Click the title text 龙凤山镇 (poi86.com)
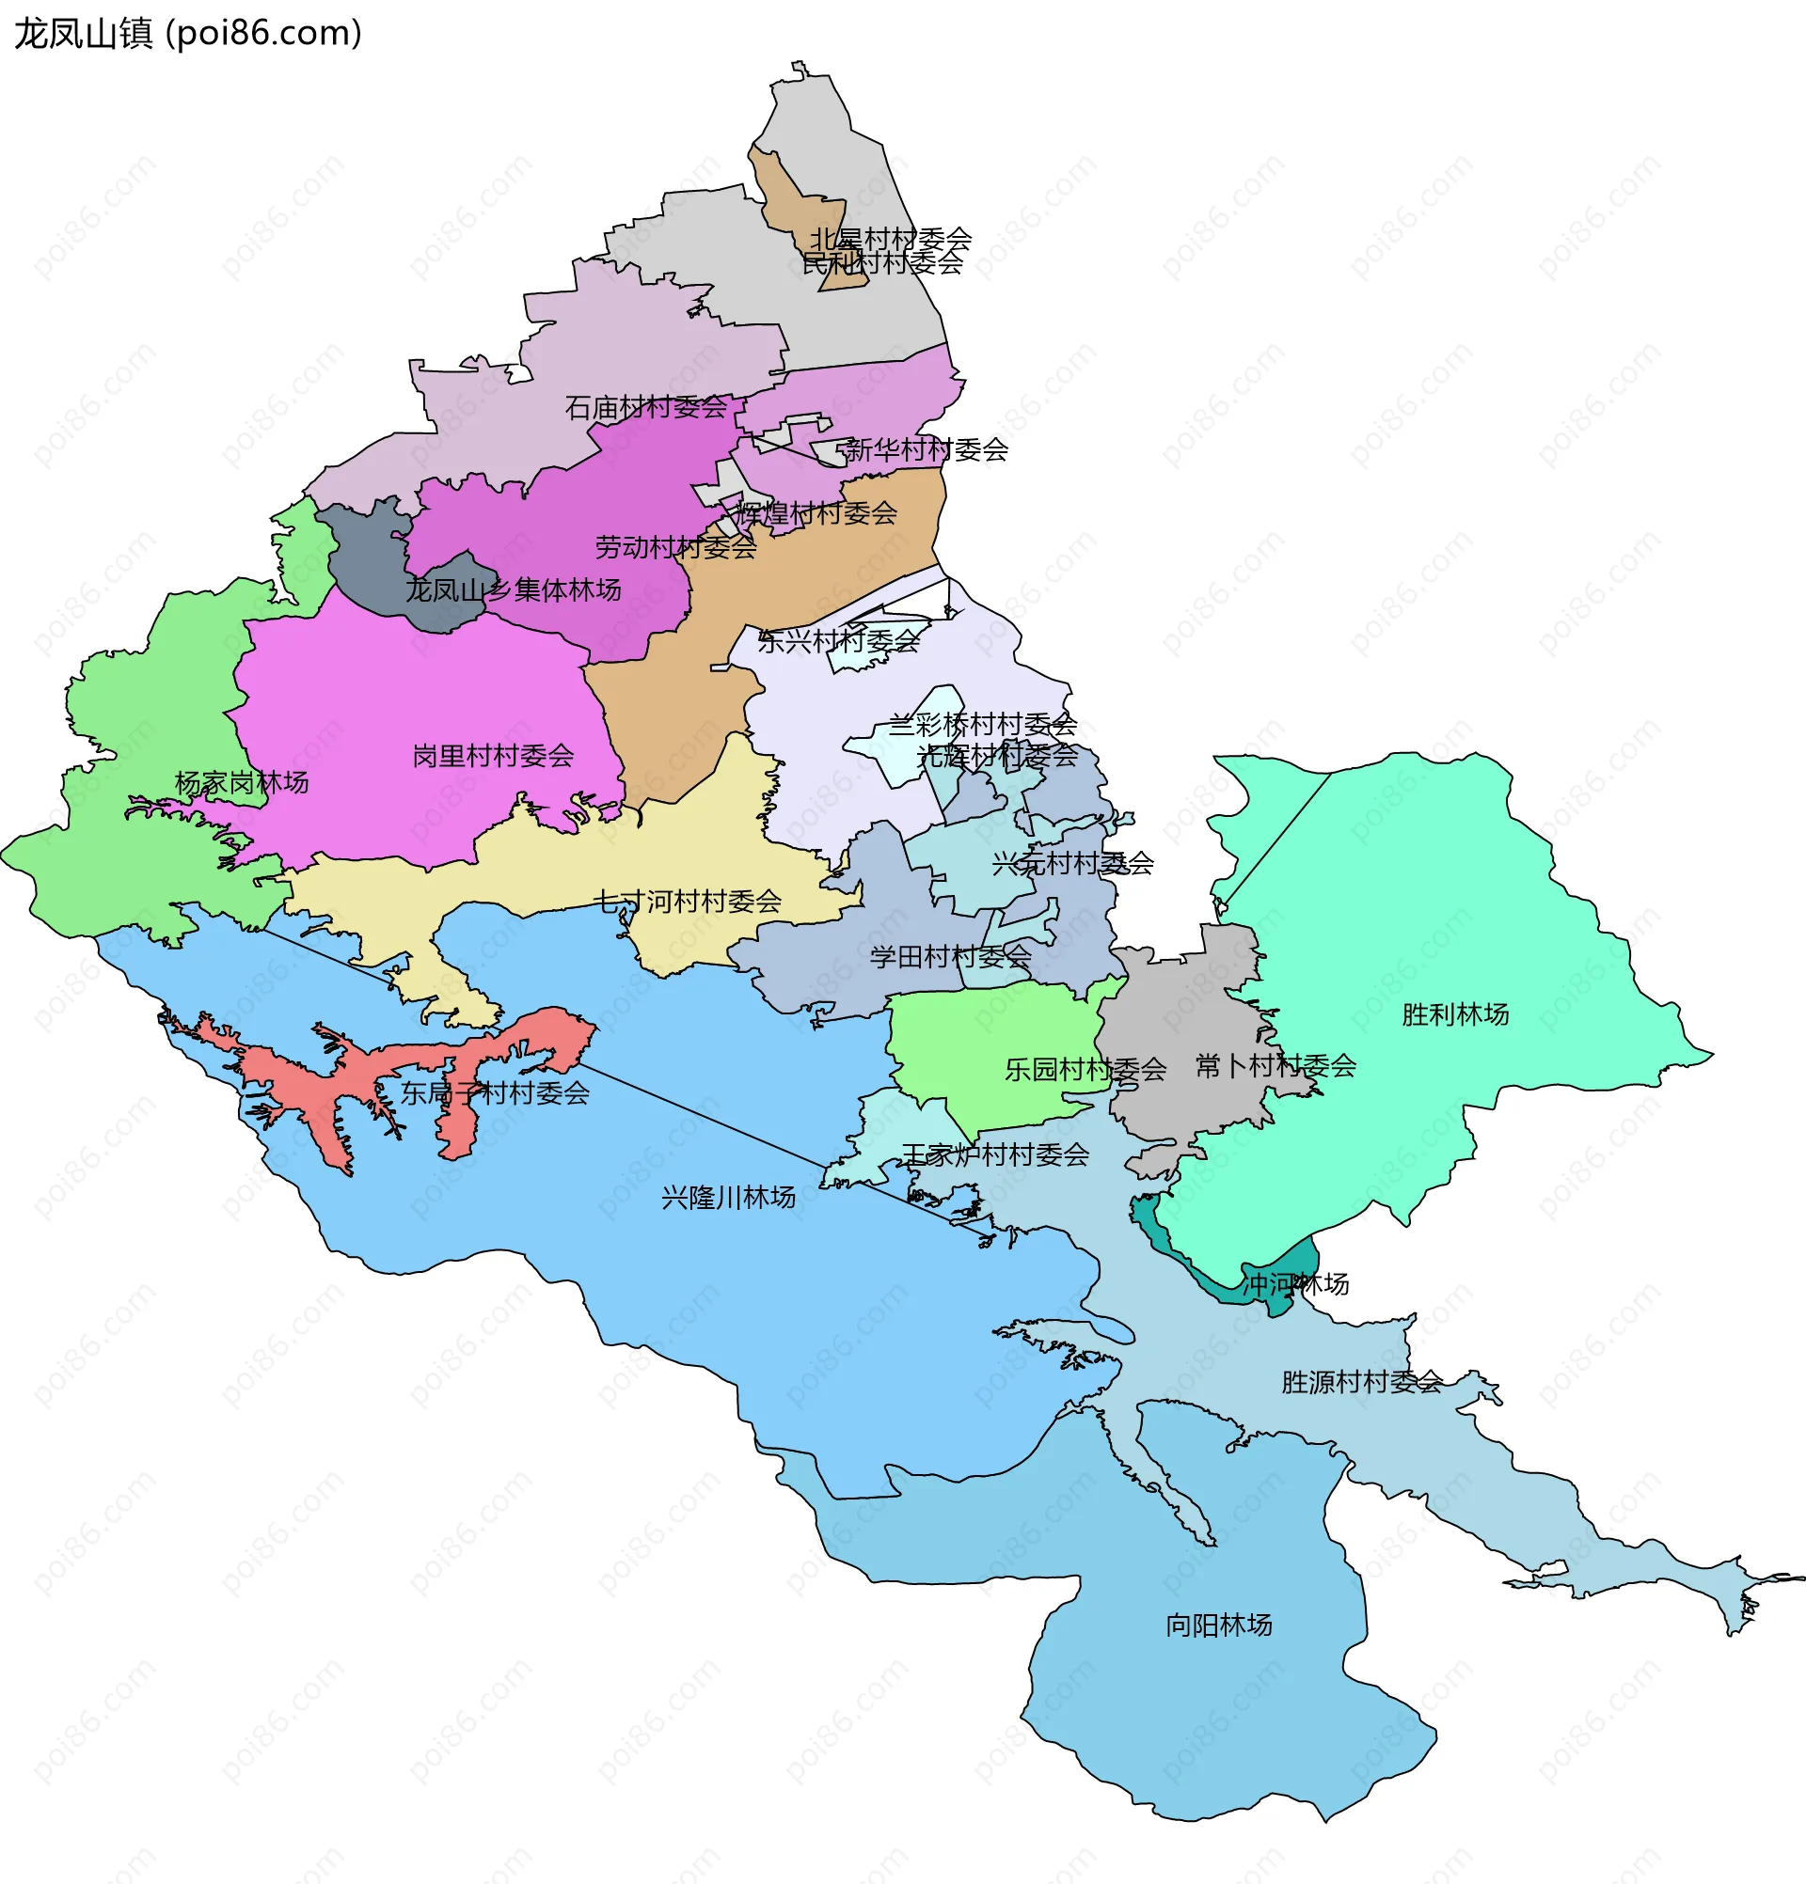click(x=187, y=34)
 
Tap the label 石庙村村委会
click(x=645, y=408)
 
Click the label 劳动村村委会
click(x=675, y=547)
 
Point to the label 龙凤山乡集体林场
click(x=513, y=589)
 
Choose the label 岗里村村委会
click(x=492, y=756)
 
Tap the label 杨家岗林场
click(x=242, y=782)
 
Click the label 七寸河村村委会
click(x=687, y=901)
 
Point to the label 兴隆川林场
click(x=728, y=1197)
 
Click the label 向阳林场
click(x=1218, y=1625)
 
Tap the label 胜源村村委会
click(x=1361, y=1381)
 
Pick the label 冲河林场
click(x=1295, y=1283)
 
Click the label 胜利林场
click(x=1455, y=1013)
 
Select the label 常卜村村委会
click(x=1275, y=1065)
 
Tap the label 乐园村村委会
click(x=1085, y=1069)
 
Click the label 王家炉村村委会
click(x=994, y=1154)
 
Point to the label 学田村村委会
click(x=950, y=956)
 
